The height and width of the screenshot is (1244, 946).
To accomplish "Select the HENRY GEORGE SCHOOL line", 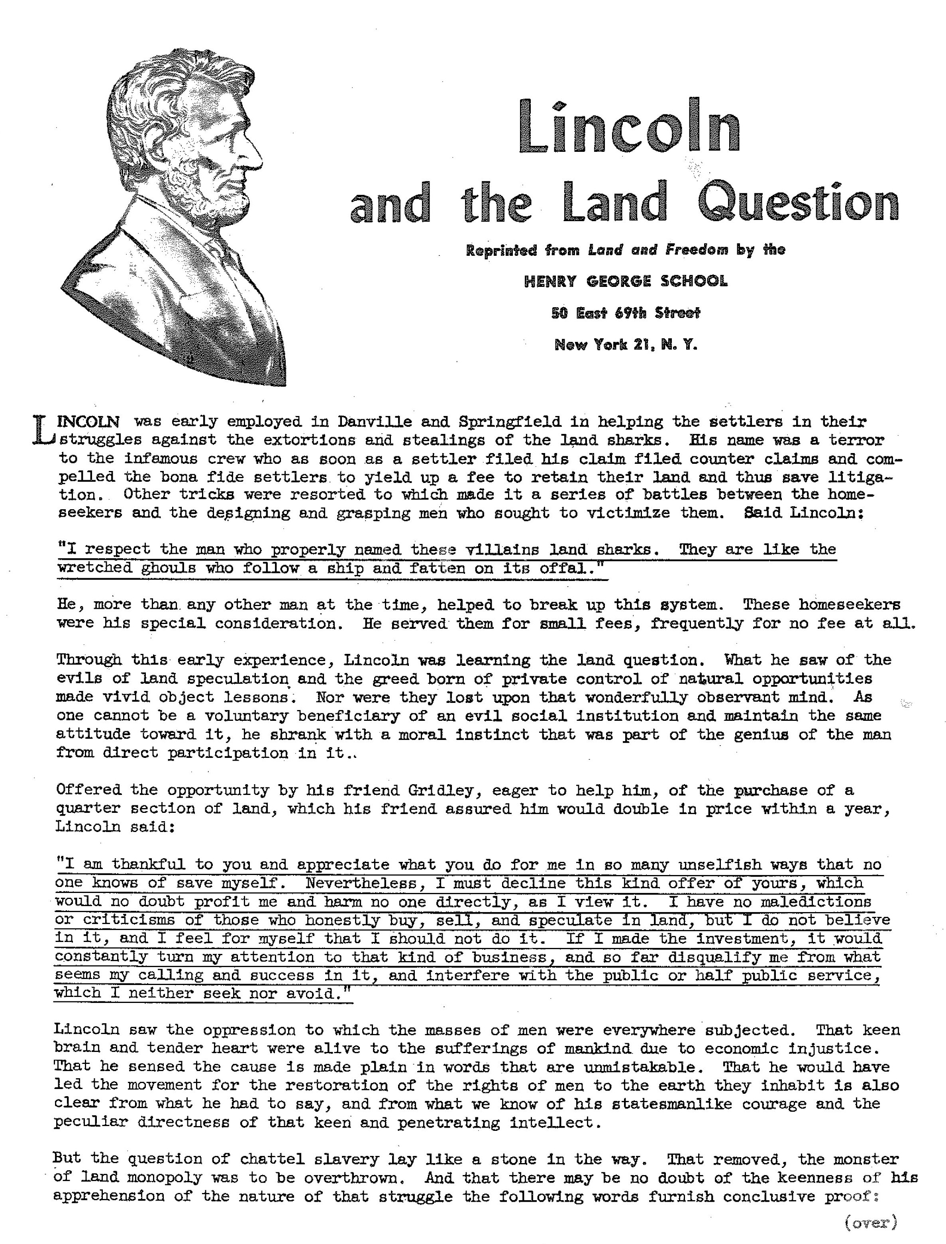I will [x=625, y=281].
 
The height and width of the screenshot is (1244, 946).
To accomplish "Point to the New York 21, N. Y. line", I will [x=625, y=344].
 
